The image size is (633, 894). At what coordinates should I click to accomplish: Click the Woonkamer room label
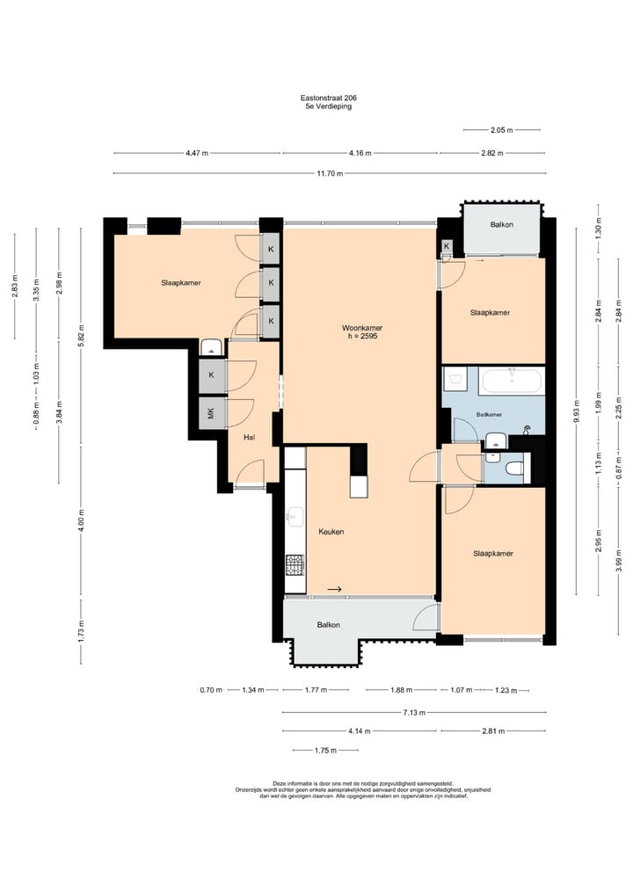pyautogui.click(x=362, y=328)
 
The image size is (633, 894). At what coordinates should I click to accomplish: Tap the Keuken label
pyautogui.click(x=331, y=531)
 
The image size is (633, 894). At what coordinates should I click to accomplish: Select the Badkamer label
pyautogui.click(x=489, y=415)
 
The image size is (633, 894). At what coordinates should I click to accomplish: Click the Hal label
pyautogui.click(x=249, y=437)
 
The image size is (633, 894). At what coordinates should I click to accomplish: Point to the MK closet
pyautogui.click(x=211, y=413)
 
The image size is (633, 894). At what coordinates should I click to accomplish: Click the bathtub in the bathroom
pyautogui.click(x=512, y=381)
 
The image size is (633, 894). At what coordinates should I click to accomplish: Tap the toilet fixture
pyautogui.click(x=514, y=468)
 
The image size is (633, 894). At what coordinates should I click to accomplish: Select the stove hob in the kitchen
pyautogui.click(x=295, y=565)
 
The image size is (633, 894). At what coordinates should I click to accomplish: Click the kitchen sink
pyautogui.click(x=295, y=517)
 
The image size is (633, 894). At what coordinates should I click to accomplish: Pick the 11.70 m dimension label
pyautogui.click(x=330, y=173)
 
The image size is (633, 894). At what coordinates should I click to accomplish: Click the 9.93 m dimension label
pyautogui.click(x=577, y=411)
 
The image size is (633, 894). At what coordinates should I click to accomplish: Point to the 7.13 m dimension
pyautogui.click(x=414, y=713)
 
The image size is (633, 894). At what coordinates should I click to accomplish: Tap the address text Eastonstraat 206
pyautogui.click(x=329, y=98)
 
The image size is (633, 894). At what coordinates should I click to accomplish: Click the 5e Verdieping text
pyautogui.click(x=329, y=106)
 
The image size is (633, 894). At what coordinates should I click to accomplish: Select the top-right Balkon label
pyautogui.click(x=501, y=225)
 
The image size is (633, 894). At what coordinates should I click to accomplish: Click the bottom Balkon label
pyautogui.click(x=329, y=625)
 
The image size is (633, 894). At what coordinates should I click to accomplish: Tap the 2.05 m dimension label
pyautogui.click(x=501, y=130)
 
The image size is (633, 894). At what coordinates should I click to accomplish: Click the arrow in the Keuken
pyautogui.click(x=335, y=589)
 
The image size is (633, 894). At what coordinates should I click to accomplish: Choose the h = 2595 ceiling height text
pyautogui.click(x=362, y=337)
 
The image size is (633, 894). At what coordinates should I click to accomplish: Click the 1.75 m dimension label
pyautogui.click(x=325, y=751)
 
